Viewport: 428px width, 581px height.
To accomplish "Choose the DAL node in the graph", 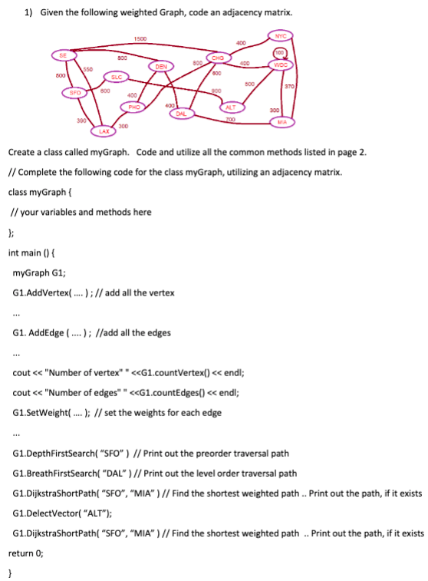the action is click(181, 114).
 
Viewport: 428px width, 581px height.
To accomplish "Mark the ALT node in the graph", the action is click(231, 107).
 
